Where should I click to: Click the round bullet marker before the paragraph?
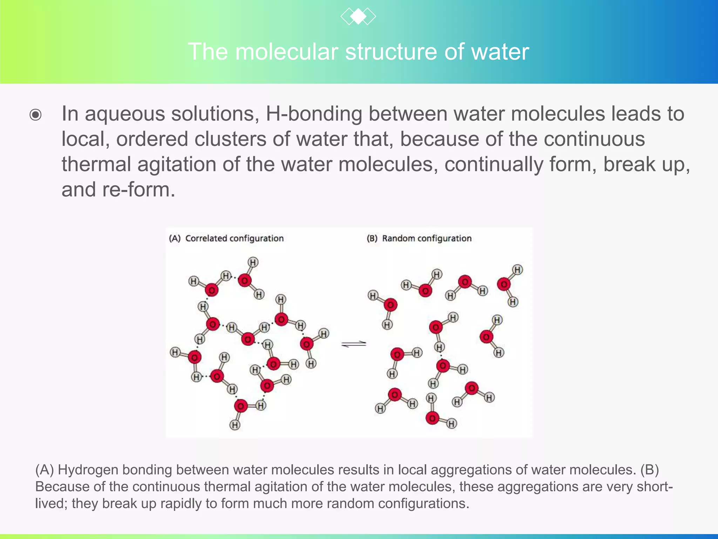(35, 115)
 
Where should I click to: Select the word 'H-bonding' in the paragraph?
(314, 114)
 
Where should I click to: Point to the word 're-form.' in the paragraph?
(138, 190)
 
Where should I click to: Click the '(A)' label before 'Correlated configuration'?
(175, 239)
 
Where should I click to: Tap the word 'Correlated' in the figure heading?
(206, 239)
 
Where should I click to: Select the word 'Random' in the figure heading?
(399, 239)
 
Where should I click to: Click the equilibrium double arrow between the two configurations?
(354, 344)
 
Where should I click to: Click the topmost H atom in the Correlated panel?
(253, 262)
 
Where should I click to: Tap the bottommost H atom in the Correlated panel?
(235, 425)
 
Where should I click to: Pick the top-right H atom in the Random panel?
(517, 269)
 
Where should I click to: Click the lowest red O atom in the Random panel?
(432, 418)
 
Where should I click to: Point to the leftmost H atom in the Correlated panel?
(175, 352)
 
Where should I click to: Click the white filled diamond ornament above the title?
(358, 16)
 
